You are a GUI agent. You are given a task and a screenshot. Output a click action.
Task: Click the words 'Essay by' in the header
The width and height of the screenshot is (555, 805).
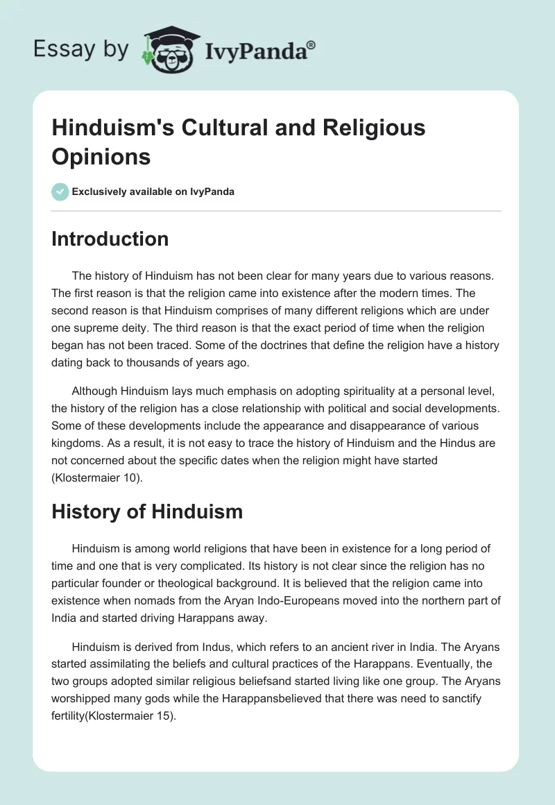click(x=80, y=49)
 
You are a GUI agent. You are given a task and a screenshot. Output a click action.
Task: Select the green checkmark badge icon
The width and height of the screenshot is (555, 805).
click(x=60, y=192)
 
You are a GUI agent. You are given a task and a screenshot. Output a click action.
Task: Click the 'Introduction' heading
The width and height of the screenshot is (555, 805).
click(x=110, y=239)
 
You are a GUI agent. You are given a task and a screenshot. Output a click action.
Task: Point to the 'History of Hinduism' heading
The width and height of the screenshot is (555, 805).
click(x=147, y=512)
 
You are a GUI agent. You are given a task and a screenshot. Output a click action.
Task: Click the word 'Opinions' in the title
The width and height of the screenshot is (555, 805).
click(x=101, y=156)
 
